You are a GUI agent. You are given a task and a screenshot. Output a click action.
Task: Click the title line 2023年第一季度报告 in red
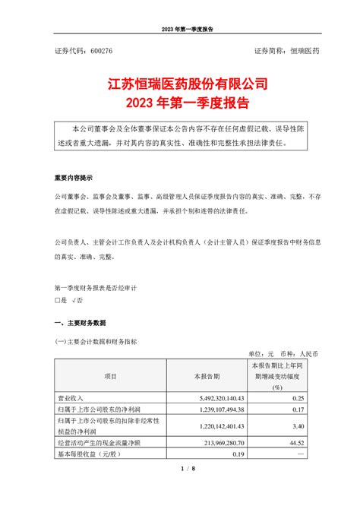tap(179, 100)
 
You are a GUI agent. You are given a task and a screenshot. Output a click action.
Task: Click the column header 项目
tap(111, 376)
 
